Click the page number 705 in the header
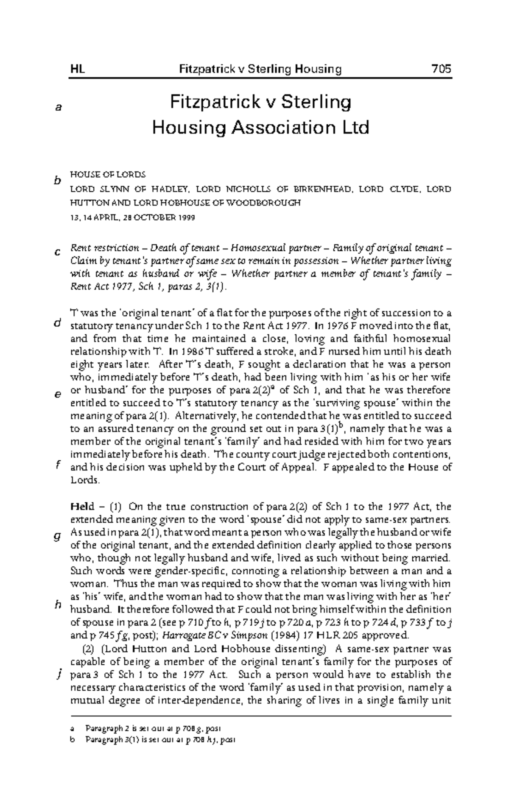[441, 69]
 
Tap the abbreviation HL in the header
[77, 69]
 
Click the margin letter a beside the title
[59, 108]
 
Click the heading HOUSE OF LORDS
[107, 174]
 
